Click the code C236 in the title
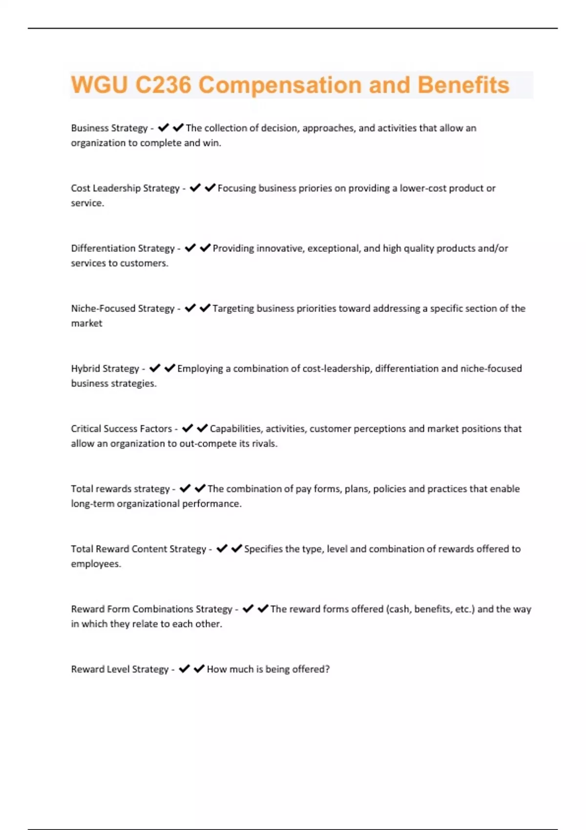163,85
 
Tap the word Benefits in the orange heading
463,85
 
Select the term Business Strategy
109,128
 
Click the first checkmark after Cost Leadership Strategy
195,188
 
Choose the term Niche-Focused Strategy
123,308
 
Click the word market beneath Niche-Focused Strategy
86,323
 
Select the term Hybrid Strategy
105,369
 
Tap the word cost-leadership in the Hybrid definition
336,369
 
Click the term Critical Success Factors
121,429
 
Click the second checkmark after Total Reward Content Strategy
237,549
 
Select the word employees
95,564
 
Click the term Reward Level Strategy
120,669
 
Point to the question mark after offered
328,669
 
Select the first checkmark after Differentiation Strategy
190,248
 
